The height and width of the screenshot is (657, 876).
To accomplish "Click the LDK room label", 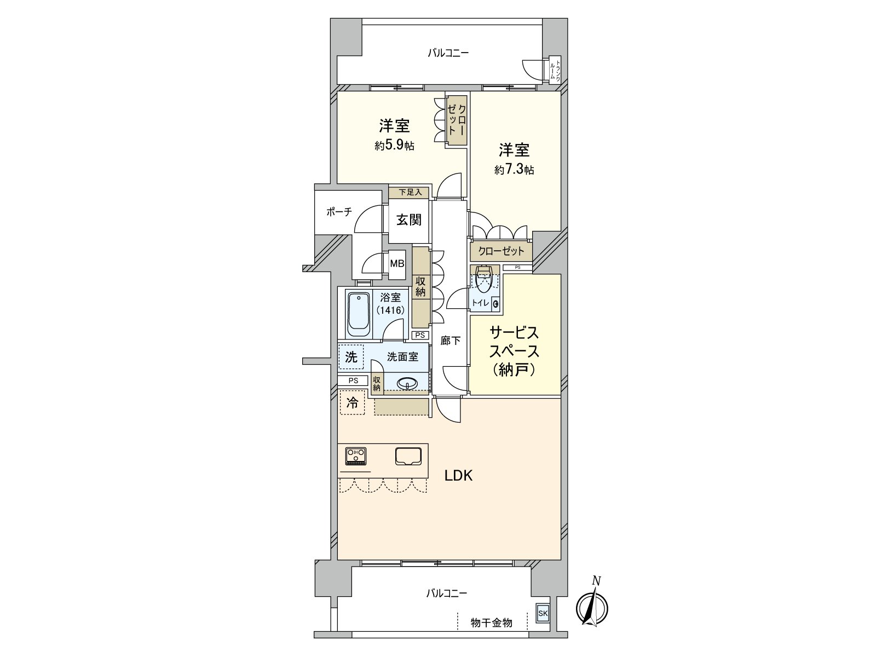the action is click(459, 475).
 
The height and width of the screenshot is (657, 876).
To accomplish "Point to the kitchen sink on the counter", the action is click(408, 457).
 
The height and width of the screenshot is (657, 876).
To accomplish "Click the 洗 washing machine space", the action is click(351, 357).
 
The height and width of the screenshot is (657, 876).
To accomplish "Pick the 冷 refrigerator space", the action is click(352, 402).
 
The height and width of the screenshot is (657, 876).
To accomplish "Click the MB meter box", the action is click(397, 264).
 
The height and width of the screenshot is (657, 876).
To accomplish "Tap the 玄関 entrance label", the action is click(408, 220).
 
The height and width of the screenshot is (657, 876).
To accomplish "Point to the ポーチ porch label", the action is click(339, 212).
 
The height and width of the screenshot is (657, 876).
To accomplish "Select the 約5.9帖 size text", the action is click(394, 146).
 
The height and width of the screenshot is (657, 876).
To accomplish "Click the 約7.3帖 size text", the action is click(514, 170).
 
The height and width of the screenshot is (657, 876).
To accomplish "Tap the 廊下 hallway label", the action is click(451, 341).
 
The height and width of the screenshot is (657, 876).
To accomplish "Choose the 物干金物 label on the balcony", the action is click(491, 623).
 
